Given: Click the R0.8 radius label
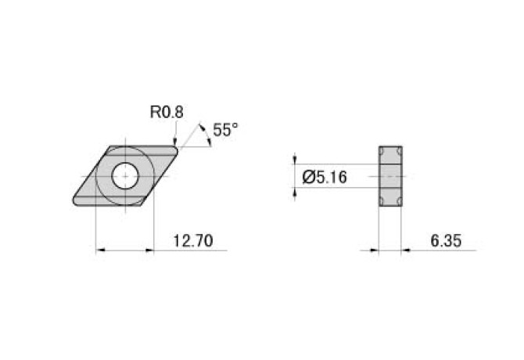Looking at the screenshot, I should tap(167, 112).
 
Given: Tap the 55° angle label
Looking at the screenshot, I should tap(224, 131).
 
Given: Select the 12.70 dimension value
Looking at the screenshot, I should tap(192, 240).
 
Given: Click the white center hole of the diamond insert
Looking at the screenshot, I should tap(124, 176).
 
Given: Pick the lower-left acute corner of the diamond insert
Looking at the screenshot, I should tap(74, 203).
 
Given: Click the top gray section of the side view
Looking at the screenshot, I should tap(390, 154).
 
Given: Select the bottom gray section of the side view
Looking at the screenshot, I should tap(390, 199).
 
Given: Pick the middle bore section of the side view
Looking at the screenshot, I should tap(390, 177).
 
